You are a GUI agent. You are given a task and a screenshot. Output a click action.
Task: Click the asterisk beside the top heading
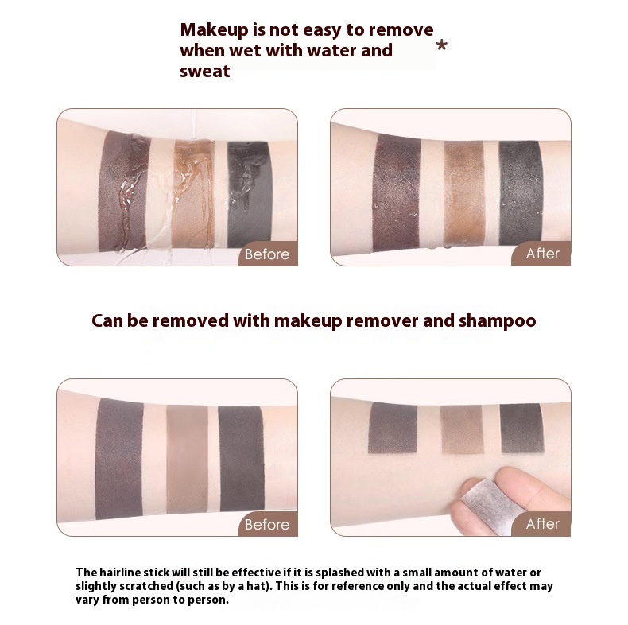(x=442, y=45)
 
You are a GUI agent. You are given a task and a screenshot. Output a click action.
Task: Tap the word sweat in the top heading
(x=204, y=72)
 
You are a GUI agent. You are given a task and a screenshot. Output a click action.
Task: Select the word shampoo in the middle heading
(x=497, y=321)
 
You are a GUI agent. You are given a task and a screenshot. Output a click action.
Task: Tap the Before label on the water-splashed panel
(x=267, y=254)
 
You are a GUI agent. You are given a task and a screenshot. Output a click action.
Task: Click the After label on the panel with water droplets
(x=543, y=254)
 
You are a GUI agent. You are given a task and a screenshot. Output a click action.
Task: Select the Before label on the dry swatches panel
(x=267, y=525)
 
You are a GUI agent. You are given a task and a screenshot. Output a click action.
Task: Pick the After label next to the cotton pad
(x=543, y=524)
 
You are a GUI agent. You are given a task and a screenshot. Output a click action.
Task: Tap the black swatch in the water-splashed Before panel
(x=250, y=195)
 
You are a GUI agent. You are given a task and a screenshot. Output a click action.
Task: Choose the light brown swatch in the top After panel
(x=464, y=192)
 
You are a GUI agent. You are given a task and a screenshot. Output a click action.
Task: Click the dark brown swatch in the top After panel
(x=396, y=193)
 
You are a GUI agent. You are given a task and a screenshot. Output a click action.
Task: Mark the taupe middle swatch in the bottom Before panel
(x=188, y=459)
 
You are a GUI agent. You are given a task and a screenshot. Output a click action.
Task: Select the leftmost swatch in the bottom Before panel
(x=119, y=459)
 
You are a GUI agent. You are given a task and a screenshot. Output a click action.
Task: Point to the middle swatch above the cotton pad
(x=462, y=429)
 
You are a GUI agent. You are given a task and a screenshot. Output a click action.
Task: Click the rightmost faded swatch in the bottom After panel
(x=521, y=429)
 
